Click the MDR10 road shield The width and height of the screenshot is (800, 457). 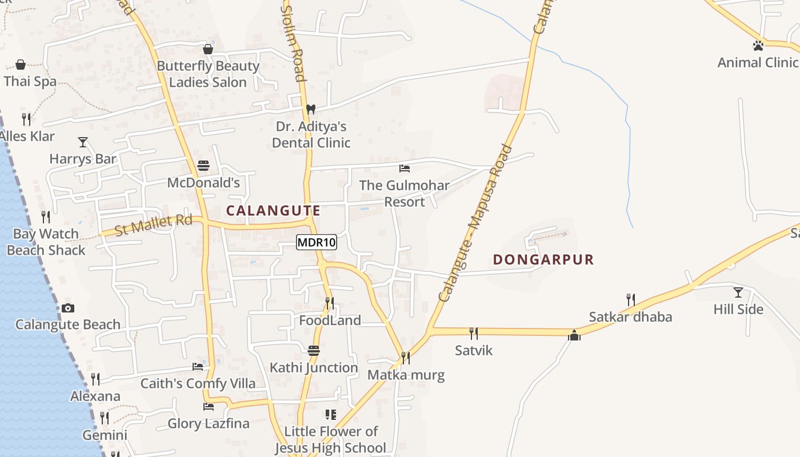[317, 242]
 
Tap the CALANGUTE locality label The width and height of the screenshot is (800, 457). [273, 211]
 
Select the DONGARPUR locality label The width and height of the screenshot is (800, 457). [543, 260]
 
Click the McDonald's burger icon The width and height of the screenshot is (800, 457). [203, 166]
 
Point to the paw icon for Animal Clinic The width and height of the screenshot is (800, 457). [758, 45]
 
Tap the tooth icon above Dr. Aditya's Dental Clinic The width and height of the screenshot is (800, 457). [311, 109]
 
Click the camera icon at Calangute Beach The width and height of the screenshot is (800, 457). [68, 308]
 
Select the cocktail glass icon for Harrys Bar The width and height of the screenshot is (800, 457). [83, 142]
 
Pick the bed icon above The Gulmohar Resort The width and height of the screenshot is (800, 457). [405, 169]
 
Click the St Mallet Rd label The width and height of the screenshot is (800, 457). [153, 225]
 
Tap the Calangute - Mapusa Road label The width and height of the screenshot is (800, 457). [476, 223]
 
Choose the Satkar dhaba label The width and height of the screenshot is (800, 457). [630, 317]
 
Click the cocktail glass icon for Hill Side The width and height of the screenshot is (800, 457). [738, 292]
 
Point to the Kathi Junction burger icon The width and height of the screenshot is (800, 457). [314, 351]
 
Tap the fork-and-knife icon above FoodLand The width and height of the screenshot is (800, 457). [330, 303]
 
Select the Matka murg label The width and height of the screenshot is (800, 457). [406, 375]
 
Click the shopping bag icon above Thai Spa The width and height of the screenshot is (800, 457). [21, 65]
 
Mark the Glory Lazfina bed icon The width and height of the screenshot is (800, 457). [209, 407]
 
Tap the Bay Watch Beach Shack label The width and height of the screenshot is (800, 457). [46, 242]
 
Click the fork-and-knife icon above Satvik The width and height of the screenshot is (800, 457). [473, 333]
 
